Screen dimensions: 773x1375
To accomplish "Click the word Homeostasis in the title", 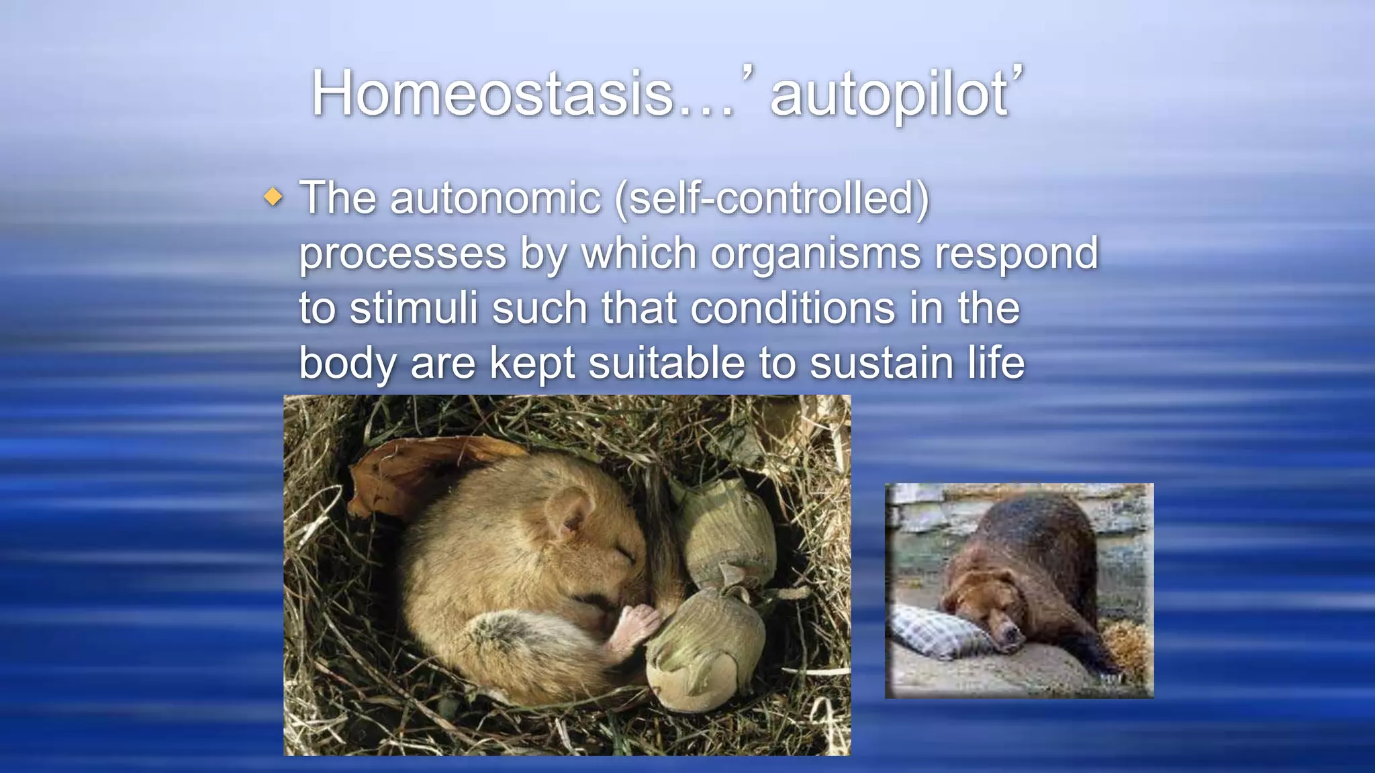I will point(493,94).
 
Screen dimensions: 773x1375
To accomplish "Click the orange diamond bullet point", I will point(273,197).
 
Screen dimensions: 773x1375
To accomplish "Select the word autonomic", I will point(495,199).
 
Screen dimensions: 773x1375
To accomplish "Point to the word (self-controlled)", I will point(772,199).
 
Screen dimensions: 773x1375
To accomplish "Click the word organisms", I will point(815,254).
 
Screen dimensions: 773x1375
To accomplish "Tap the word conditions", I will point(792,309).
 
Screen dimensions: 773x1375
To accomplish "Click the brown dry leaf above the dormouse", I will point(403,470).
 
